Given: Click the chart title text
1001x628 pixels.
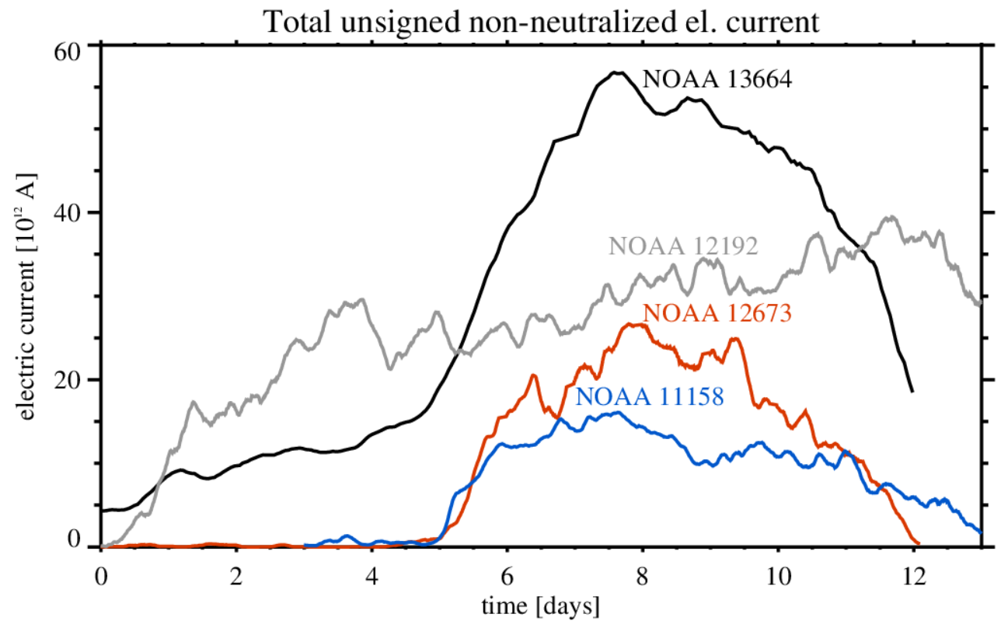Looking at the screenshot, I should click(x=542, y=21).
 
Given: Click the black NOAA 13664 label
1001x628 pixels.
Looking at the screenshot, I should click(x=717, y=78).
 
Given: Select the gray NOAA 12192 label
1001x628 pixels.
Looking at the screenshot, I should click(x=683, y=246).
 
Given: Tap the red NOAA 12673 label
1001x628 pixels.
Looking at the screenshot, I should click(x=717, y=312).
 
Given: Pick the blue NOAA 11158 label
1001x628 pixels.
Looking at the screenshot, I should click(x=650, y=396).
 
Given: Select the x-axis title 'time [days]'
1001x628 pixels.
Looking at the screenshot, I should click(x=539, y=603).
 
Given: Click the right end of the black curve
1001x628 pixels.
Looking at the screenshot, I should click(x=912, y=392).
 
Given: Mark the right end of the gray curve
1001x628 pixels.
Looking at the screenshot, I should click(x=981, y=305).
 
